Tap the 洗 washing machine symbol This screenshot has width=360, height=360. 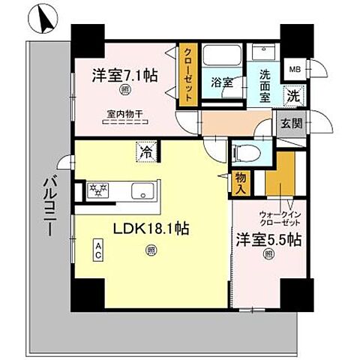[294, 96]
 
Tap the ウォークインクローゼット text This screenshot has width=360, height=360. [280, 218]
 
